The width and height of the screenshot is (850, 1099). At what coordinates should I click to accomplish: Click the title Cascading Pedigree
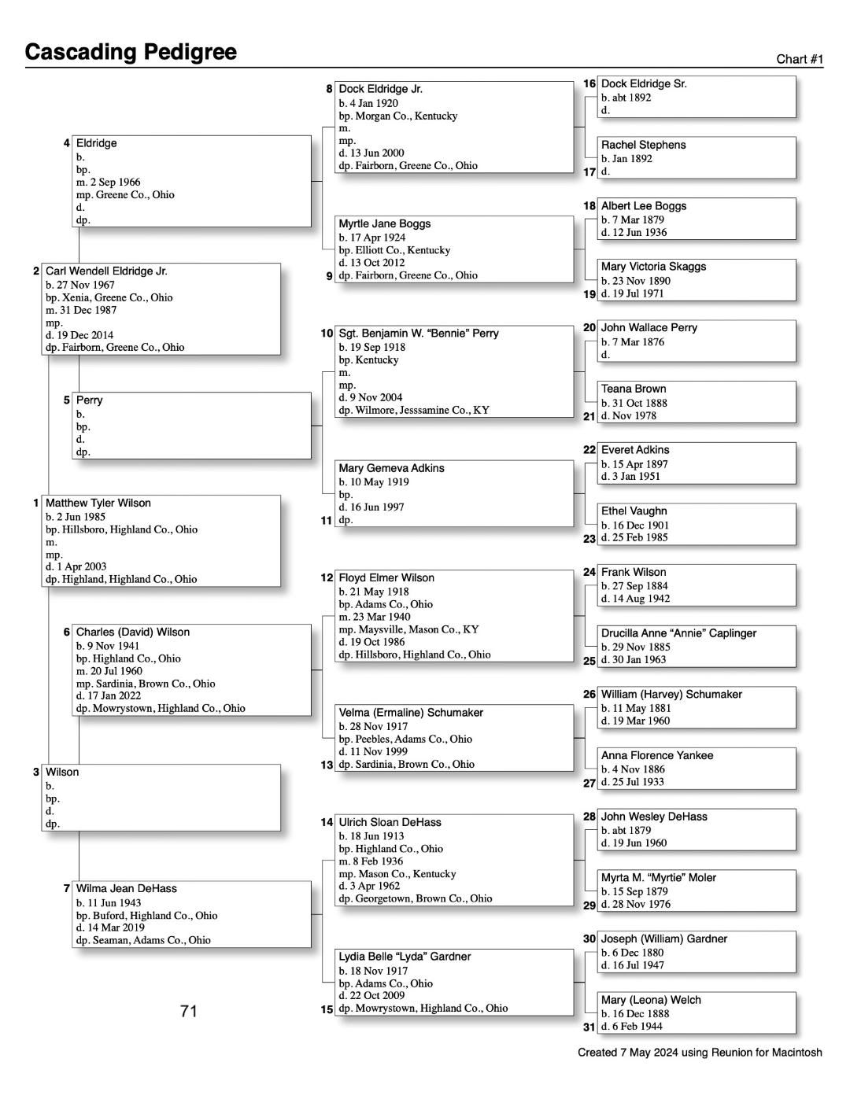coord(131,52)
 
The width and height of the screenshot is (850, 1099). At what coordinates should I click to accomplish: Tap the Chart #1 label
coord(800,59)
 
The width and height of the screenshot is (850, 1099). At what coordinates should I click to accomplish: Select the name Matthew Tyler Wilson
coord(98,503)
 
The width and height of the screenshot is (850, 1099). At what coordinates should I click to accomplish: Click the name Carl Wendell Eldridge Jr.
coord(106,271)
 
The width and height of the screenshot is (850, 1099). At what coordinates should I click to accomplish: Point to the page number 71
coord(188,1011)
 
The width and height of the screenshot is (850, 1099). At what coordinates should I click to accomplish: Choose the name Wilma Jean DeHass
coord(126,888)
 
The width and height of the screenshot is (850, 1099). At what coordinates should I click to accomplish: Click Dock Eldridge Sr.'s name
coord(644,83)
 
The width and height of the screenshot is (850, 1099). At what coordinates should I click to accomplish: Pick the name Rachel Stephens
coord(643,145)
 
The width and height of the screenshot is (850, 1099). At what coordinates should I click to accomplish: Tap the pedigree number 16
coord(589,83)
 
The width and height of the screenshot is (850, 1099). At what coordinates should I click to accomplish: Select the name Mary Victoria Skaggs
coord(653,267)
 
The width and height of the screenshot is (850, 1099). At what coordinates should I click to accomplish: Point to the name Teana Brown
coord(634,389)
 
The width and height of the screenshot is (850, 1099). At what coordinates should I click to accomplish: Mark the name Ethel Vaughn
coord(634,511)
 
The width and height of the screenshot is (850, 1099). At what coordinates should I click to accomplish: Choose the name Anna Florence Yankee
coord(657,755)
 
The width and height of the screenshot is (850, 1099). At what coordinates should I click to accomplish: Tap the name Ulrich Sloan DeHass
coord(390,822)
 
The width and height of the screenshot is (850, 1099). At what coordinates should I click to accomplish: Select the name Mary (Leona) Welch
coord(651,1000)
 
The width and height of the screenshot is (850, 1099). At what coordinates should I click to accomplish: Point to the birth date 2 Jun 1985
coord(80,517)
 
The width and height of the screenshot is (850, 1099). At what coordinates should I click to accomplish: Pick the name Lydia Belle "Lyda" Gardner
coord(405,957)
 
